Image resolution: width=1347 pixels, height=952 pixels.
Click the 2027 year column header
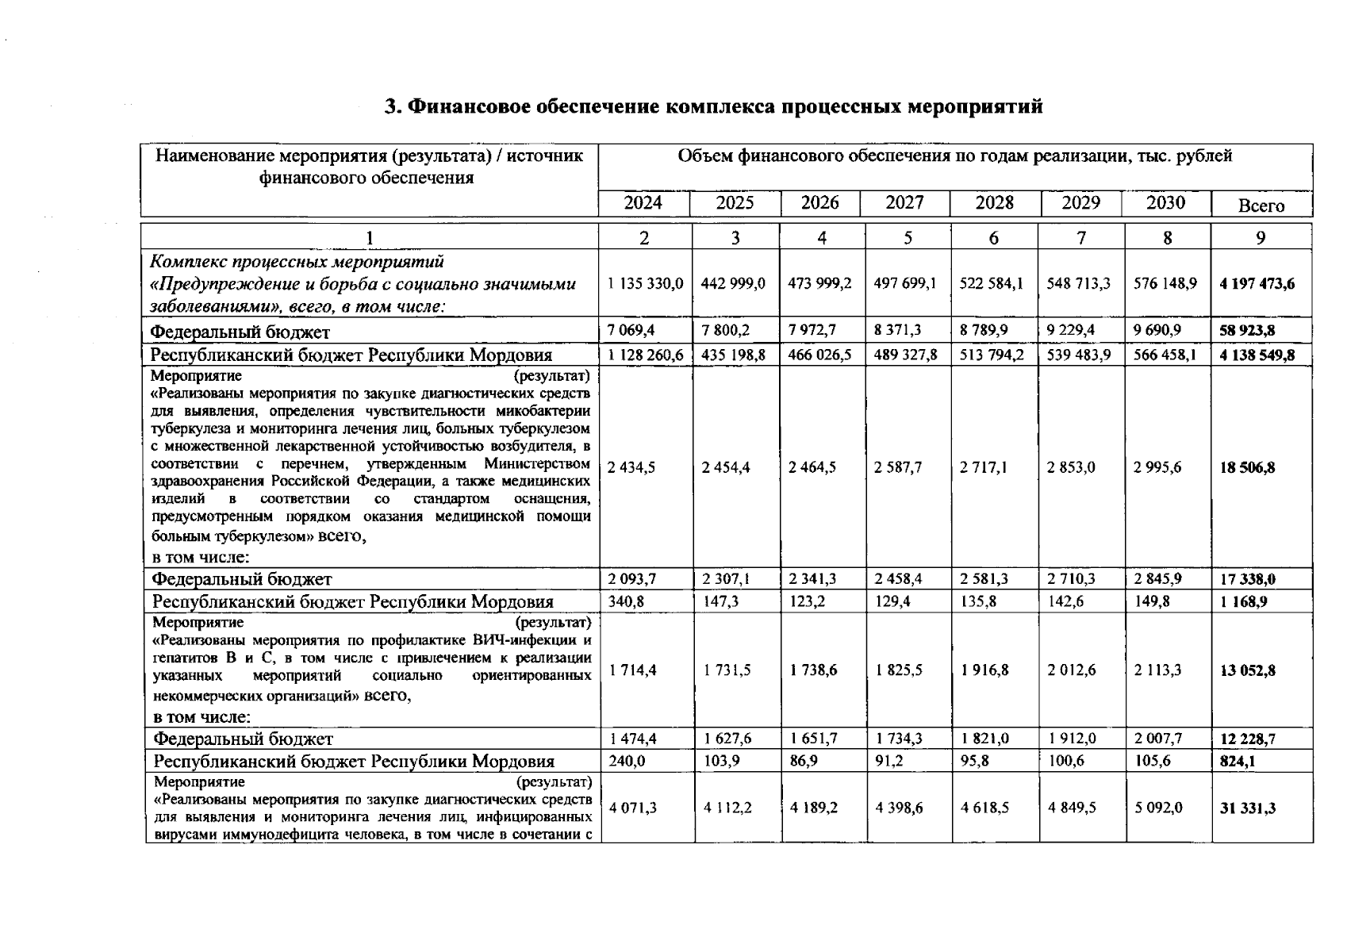tap(904, 203)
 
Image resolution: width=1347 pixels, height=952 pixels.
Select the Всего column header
tap(1261, 206)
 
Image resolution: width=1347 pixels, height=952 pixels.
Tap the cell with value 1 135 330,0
tap(645, 283)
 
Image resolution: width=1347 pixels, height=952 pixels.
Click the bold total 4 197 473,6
tap(1257, 283)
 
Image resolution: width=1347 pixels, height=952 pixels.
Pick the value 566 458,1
tap(1165, 355)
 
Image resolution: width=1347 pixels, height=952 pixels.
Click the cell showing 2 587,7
tap(898, 467)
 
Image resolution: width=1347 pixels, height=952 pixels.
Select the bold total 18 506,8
tap(1247, 467)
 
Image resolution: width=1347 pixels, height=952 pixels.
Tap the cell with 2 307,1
tap(726, 579)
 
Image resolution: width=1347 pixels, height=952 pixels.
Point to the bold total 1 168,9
tap(1243, 602)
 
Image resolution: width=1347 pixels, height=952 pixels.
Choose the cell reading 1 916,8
tap(984, 670)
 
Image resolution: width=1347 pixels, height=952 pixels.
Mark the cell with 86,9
tap(805, 762)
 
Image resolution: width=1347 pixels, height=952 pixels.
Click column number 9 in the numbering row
tap(1261, 237)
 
